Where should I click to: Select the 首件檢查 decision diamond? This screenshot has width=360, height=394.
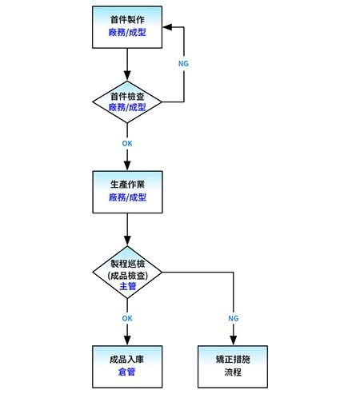pyautogui.click(x=128, y=101)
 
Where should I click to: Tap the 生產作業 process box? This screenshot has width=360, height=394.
pyautogui.click(x=128, y=191)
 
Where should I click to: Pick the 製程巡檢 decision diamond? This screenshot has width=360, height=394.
pyautogui.click(x=128, y=274)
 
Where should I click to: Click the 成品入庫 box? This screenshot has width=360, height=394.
pyautogui.click(x=128, y=366)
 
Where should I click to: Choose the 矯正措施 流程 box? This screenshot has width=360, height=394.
pyautogui.click(x=233, y=366)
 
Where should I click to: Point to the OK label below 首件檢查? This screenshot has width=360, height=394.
pyautogui.click(x=127, y=144)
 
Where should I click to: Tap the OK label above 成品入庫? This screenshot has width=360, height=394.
pyautogui.click(x=127, y=318)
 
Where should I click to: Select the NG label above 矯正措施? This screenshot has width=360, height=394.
pyautogui.click(x=233, y=318)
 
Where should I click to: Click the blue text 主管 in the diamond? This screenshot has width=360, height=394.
pyautogui.click(x=128, y=285)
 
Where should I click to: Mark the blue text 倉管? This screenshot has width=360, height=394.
pyautogui.click(x=128, y=372)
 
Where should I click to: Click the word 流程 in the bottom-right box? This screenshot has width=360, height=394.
pyautogui.click(x=233, y=372)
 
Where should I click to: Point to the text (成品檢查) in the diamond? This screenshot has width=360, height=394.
pyautogui.click(x=128, y=274)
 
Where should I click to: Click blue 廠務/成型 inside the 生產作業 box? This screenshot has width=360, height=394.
pyautogui.click(x=128, y=197)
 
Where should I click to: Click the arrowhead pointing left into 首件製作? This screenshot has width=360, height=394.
pyautogui.click(x=168, y=26)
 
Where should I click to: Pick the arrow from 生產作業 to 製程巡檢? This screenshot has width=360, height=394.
pyautogui.click(x=128, y=232)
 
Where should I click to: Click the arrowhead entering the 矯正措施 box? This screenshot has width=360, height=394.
pyautogui.click(x=233, y=341)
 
